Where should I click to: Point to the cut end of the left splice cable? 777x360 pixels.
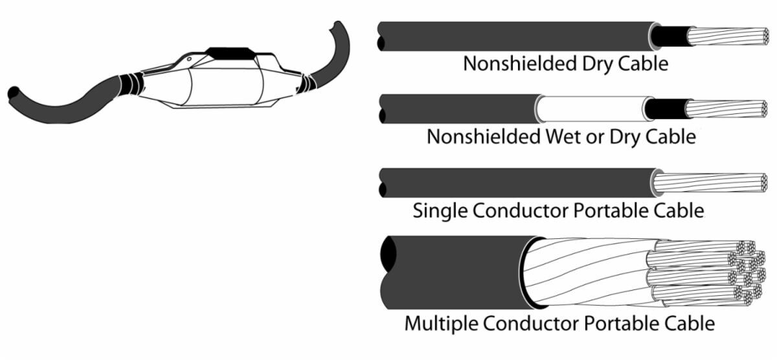(11, 94)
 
